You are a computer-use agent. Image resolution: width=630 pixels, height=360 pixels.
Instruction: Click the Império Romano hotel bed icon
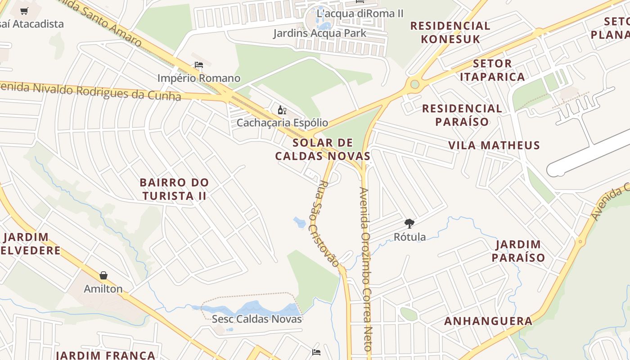[x=198, y=65]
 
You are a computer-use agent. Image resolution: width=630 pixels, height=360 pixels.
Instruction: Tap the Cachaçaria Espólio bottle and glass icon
[x=282, y=110]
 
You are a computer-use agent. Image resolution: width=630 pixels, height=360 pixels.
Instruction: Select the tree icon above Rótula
[x=409, y=223]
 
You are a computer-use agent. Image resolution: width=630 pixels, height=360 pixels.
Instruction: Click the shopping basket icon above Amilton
[x=103, y=275]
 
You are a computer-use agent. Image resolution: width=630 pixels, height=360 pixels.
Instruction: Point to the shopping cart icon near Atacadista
[x=24, y=11]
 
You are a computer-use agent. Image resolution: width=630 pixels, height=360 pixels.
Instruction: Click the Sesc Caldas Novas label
[x=256, y=319]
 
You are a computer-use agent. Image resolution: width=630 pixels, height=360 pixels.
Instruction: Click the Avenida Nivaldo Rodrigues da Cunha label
[x=90, y=90]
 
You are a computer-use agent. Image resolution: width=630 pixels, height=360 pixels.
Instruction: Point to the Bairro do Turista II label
[x=174, y=189]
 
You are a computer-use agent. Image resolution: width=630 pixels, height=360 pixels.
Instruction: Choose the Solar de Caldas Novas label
[x=323, y=149]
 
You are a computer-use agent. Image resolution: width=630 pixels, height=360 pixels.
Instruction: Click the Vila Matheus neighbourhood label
[x=494, y=145]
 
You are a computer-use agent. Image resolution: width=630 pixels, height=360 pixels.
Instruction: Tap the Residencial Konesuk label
[x=450, y=32]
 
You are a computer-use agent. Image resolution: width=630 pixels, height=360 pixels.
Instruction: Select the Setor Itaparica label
[x=498, y=70]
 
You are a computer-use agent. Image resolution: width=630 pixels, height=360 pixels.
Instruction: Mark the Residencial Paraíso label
[x=462, y=115]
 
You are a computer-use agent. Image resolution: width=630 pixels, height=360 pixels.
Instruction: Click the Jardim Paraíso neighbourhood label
[x=518, y=251]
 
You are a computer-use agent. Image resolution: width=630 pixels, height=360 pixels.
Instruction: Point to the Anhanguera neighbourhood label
[x=488, y=321]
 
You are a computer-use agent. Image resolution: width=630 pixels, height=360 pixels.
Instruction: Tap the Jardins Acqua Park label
[x=319, y=33]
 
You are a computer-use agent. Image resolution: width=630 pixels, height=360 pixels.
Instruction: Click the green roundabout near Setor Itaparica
[x=414, y=84]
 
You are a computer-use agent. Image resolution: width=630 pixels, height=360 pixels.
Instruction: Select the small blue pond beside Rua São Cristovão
[x=299, y=222]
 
